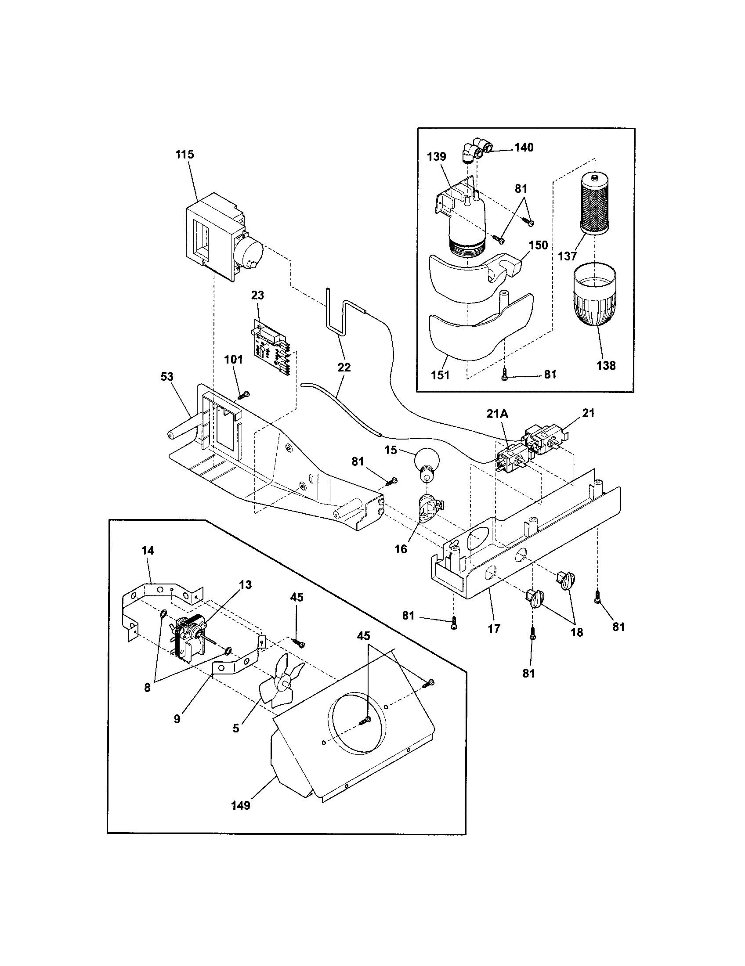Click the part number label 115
tap(184, 155)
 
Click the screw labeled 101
tap(244, 394)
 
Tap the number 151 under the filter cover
tap(440, 375)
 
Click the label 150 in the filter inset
tap(539, 245)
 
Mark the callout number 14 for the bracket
tap(148, 551)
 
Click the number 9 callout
tap(177, 719)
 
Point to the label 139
tap(437, 157)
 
